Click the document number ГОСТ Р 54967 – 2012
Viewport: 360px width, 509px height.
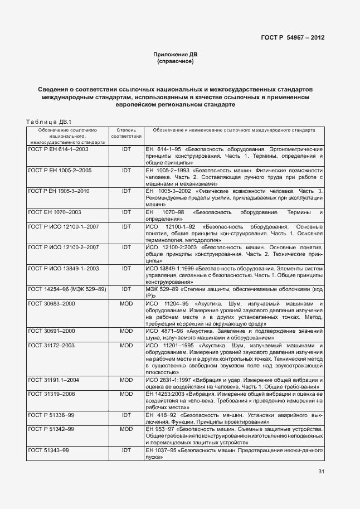point(293,38)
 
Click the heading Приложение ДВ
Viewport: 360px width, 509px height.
point(176,55)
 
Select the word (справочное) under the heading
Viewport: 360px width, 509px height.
point(176,61)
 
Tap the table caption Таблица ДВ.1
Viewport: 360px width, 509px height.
point(46,122)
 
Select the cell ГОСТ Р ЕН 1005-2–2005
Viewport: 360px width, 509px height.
point(60,170)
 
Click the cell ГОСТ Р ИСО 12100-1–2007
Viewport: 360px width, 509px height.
point(63,226)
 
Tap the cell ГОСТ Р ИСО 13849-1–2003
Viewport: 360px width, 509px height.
point(63,268)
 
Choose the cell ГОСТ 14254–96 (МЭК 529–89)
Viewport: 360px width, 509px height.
point(67,289)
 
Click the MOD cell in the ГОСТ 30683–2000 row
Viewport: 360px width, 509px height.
point(127,303)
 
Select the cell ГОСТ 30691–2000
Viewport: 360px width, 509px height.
point(51,331)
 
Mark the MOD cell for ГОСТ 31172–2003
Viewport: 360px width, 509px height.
point(127,346)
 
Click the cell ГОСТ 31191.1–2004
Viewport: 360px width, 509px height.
point(53,380)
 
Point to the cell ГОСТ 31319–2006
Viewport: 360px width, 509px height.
point(51,394)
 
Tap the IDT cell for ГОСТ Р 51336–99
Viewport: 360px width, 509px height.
point(127,415)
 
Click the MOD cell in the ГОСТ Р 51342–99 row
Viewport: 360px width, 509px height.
point(127,429)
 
